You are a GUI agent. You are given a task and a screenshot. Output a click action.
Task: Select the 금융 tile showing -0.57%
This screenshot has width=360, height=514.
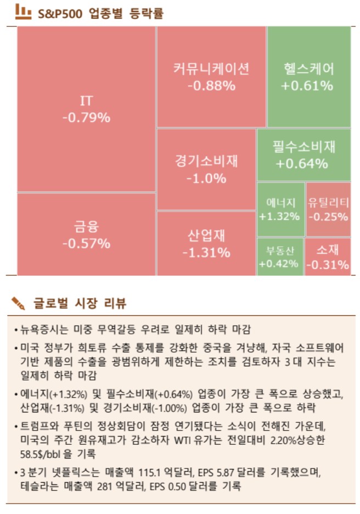86,234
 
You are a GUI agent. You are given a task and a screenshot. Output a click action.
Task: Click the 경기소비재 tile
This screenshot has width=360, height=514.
206,169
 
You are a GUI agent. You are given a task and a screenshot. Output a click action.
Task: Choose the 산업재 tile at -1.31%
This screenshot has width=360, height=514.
206,243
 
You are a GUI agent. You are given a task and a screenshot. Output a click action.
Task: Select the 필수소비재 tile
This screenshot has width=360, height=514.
303,154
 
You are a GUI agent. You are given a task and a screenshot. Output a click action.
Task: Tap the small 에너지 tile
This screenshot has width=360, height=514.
280,209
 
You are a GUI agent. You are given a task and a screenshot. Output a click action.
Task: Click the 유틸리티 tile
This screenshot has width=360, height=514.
328,209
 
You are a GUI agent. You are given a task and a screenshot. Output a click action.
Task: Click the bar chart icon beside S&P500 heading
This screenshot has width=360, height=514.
23,12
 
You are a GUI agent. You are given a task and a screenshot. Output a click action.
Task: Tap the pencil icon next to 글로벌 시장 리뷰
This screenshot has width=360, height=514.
18,302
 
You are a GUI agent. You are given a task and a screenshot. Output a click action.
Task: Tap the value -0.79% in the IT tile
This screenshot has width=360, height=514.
86,118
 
